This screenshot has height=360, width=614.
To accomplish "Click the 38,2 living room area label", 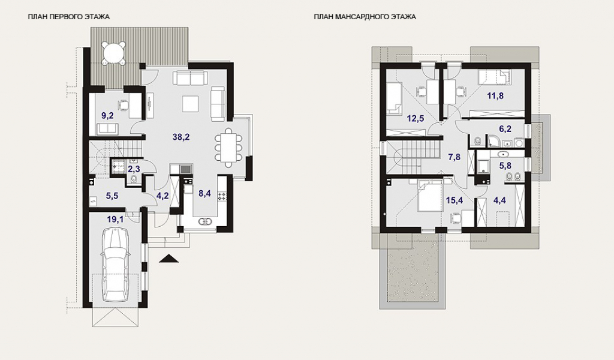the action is (181, 137).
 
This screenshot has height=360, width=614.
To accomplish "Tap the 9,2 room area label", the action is (108, 115).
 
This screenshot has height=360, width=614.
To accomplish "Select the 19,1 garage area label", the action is (115, 220).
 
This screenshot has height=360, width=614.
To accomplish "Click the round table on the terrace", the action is (114, 52).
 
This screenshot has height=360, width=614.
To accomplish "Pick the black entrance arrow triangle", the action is (169, 259).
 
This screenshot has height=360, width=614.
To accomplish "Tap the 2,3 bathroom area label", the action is (134, 169).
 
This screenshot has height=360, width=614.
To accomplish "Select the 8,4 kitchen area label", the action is (205, 193).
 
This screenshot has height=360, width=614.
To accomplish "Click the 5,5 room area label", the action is (112, 196).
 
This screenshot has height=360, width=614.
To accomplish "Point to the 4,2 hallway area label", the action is (162, 196).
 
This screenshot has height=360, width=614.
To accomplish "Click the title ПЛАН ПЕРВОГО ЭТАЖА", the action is (69, 17).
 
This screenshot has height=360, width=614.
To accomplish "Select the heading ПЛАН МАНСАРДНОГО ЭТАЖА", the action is (365, 17).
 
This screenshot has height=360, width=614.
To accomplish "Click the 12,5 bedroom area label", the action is (416, 118).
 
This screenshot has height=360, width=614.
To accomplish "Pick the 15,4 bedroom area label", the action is (455, 200).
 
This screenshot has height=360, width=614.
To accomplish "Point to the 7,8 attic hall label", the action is (454, 157).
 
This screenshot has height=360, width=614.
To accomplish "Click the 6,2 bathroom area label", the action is (505, 129).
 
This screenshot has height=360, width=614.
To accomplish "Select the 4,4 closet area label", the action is (499, 200).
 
